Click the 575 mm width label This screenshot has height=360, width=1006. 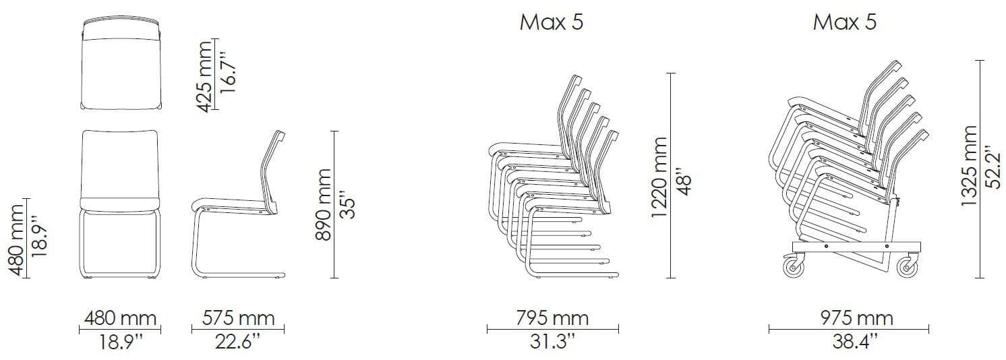(x=238, y=319)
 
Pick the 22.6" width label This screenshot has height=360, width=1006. (x=238, y=342)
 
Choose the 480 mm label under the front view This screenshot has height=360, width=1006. (x=121, y=319)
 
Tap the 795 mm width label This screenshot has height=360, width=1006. (x=552, y=319)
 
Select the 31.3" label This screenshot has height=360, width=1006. (x=552, y=342)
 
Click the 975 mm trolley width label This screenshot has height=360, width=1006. (x=857, y=319)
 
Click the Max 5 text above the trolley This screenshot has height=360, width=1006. (x=845, y=22)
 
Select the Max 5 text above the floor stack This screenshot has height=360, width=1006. (x=551, y=22)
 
